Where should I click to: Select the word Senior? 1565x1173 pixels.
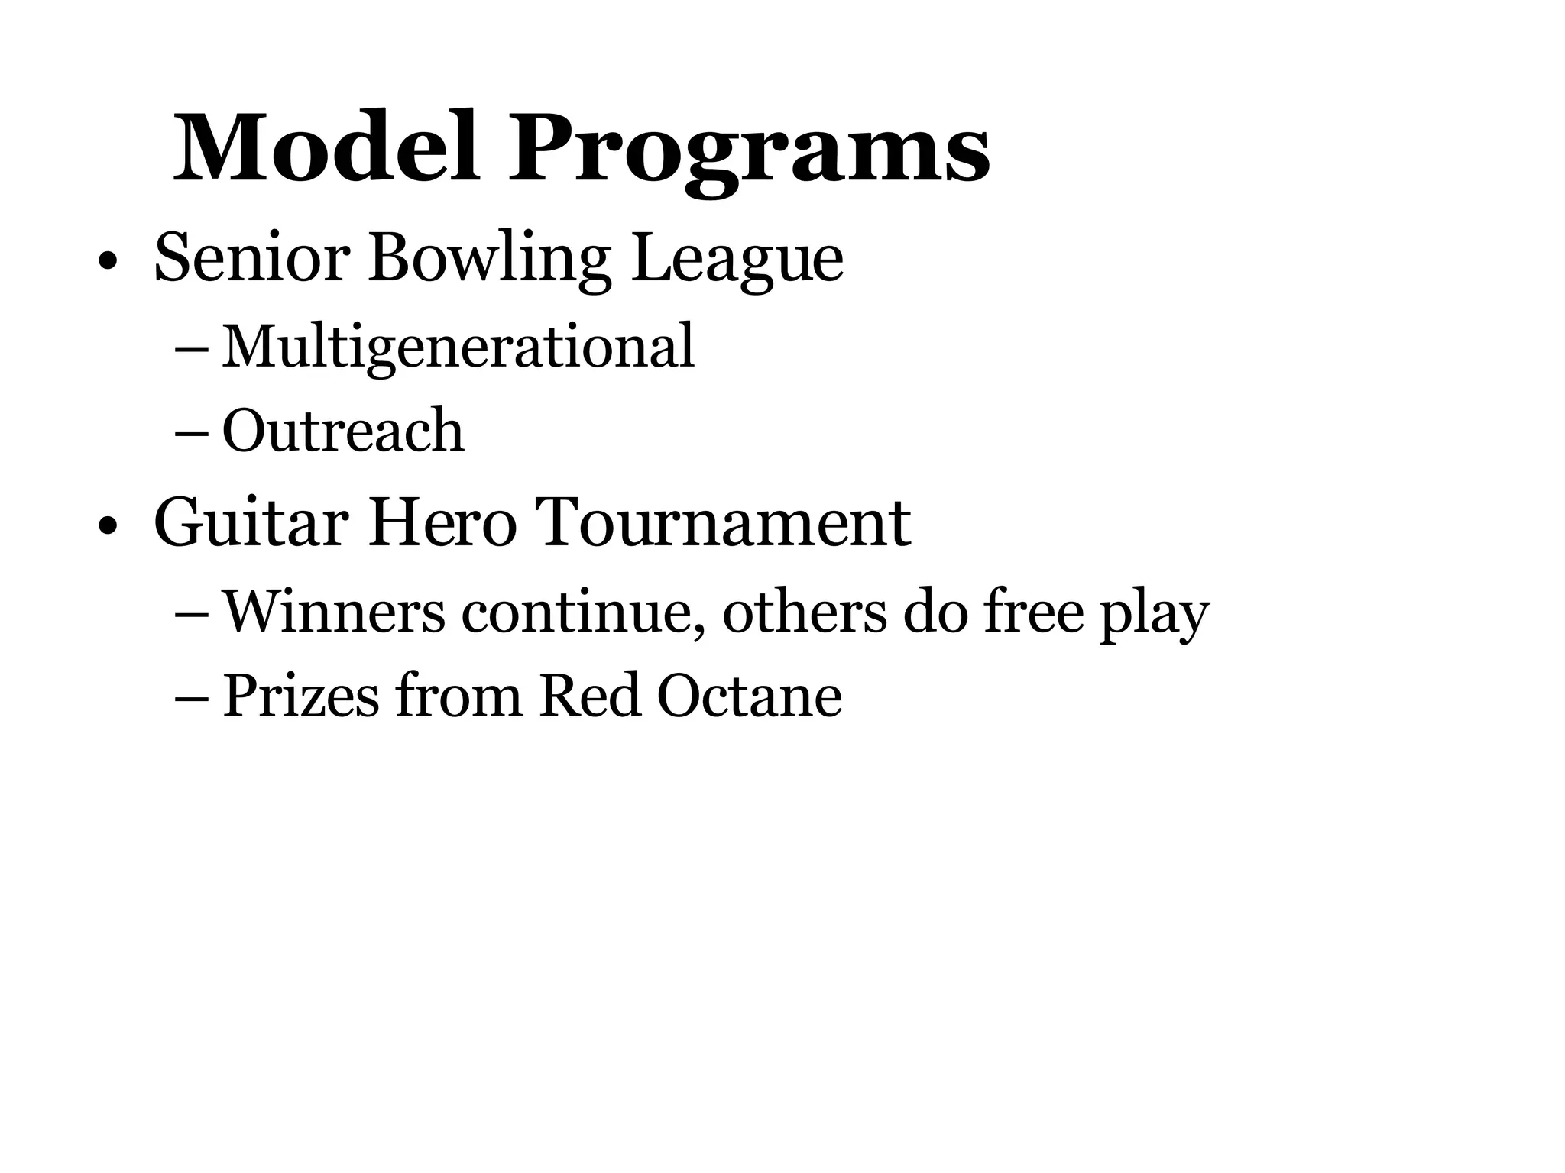(252, 258)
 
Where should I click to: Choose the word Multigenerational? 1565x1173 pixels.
(458, 347)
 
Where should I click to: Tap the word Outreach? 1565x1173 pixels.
(343, 431)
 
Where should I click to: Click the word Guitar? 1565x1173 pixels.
(251, 522)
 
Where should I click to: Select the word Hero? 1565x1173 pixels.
(442, 522)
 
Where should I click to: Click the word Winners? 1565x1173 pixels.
(334, 611)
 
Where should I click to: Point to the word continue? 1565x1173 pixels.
(581, 611)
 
